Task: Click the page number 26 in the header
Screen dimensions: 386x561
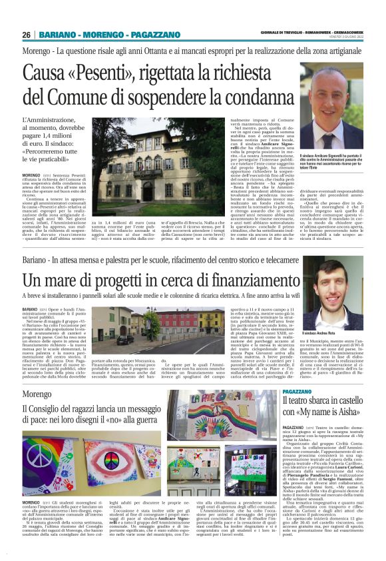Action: [27, 35]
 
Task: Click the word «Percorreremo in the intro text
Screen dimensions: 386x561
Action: [51, 151]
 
